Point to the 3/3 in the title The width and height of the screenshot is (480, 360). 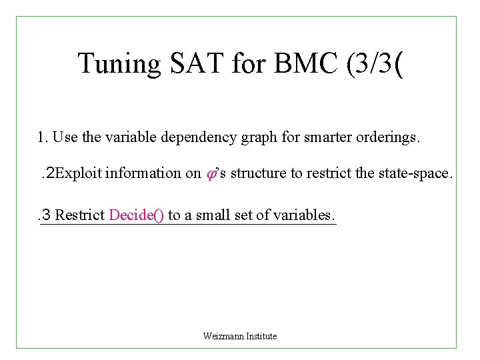click(x=367, y=64)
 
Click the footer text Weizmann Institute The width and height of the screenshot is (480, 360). click(x=240, y=336)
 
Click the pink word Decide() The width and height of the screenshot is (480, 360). click(x=137, y=215)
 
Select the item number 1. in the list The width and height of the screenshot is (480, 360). click(x=43, y=137)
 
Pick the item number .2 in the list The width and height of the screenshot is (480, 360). click(x=47, y=173)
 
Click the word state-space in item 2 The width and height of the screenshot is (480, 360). click(x=417, y=173)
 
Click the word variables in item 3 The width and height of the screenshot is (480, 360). click(x=307, y=215)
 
